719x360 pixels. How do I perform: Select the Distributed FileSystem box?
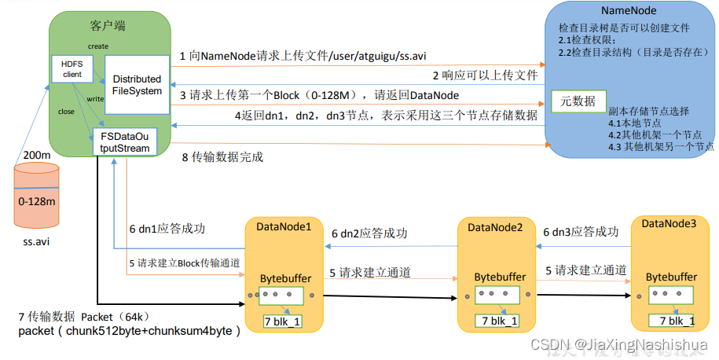coord(137,84)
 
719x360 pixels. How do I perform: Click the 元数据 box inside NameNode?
coord(578,101)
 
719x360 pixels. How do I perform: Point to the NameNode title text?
coord(629,11)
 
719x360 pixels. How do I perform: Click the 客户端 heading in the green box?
coord(108,26)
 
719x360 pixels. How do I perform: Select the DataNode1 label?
coord(284,226)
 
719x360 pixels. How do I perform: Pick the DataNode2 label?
coord(495,227)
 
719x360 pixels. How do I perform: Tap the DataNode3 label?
coord(669,224)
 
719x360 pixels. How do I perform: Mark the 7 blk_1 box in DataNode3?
coord(672,320)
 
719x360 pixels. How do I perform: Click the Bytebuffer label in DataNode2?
coord(500,277)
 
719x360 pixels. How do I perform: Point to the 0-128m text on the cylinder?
coord(37,202)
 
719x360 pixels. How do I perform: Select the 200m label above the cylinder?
coord(37,156)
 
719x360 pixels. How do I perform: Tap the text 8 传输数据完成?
coord(222,157)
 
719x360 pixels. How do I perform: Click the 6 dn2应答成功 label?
coord(369,233)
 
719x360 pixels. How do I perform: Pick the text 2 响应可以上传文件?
coord(485,76)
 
